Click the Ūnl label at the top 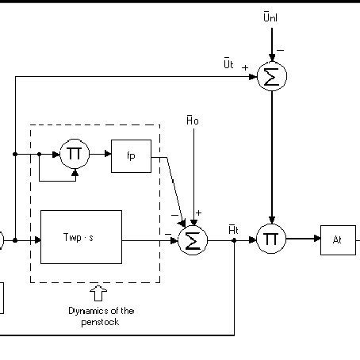270,17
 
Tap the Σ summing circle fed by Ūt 271,76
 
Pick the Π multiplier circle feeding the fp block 74,154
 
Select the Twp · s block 80,236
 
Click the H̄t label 232,228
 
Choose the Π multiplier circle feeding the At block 271,239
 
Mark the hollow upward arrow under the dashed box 95,293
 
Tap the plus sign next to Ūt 245,67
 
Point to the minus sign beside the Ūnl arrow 280,50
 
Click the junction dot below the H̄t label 235,239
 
